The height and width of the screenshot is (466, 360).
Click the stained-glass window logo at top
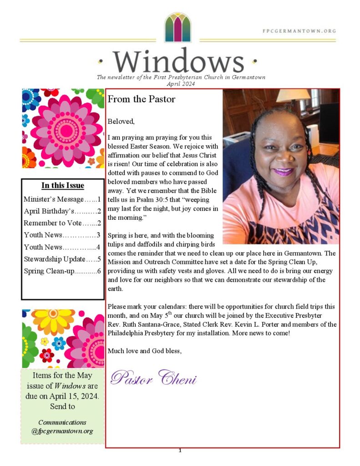click(177, 27)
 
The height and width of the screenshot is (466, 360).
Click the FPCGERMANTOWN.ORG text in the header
click(299, 31)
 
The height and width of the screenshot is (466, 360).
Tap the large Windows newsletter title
click(178, 61)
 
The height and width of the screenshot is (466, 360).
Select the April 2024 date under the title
click(181, 84)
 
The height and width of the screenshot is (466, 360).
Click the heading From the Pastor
click(142, 99)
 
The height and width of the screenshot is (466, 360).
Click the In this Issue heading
click(63, 185)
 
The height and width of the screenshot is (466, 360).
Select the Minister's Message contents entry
click(62, 199)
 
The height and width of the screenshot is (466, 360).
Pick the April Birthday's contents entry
click(62, 211)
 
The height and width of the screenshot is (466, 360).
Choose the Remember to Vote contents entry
click(62, 223)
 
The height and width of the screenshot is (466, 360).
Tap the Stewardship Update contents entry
click(62, 259)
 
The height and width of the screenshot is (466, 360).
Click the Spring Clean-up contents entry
click(62, 271)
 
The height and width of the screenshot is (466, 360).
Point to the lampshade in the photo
click(293, 95)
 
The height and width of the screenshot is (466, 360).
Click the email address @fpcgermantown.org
click(62, 431)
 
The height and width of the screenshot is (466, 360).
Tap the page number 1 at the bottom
click(180, 451)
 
